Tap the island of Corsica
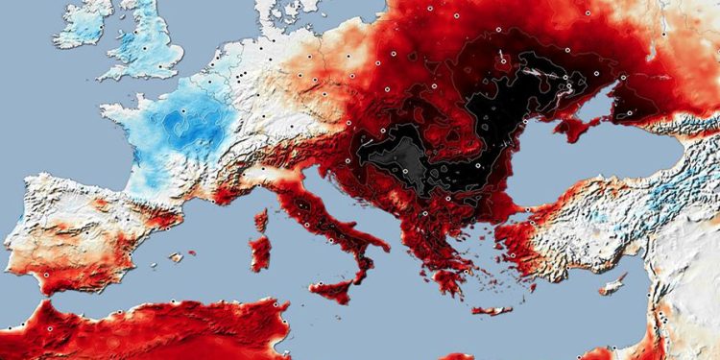[262, 220]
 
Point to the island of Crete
[492, 310]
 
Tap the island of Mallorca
[175, 257]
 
